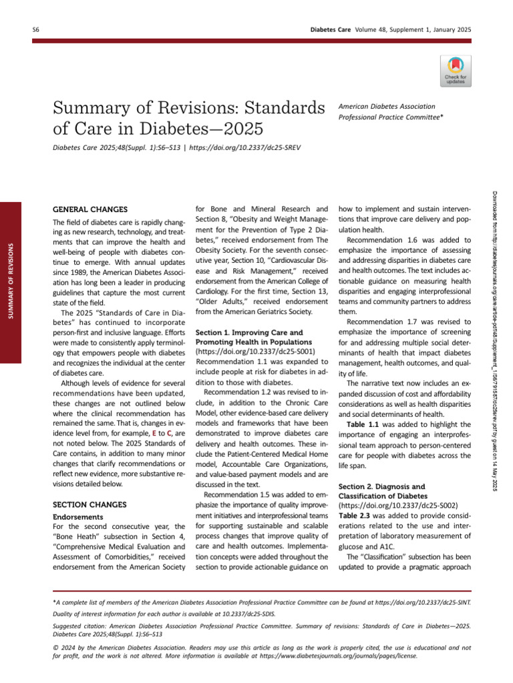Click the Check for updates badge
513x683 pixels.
coord(456,70)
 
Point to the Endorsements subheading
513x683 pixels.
coord(77,498)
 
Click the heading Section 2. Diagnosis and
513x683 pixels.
coord(381,487)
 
